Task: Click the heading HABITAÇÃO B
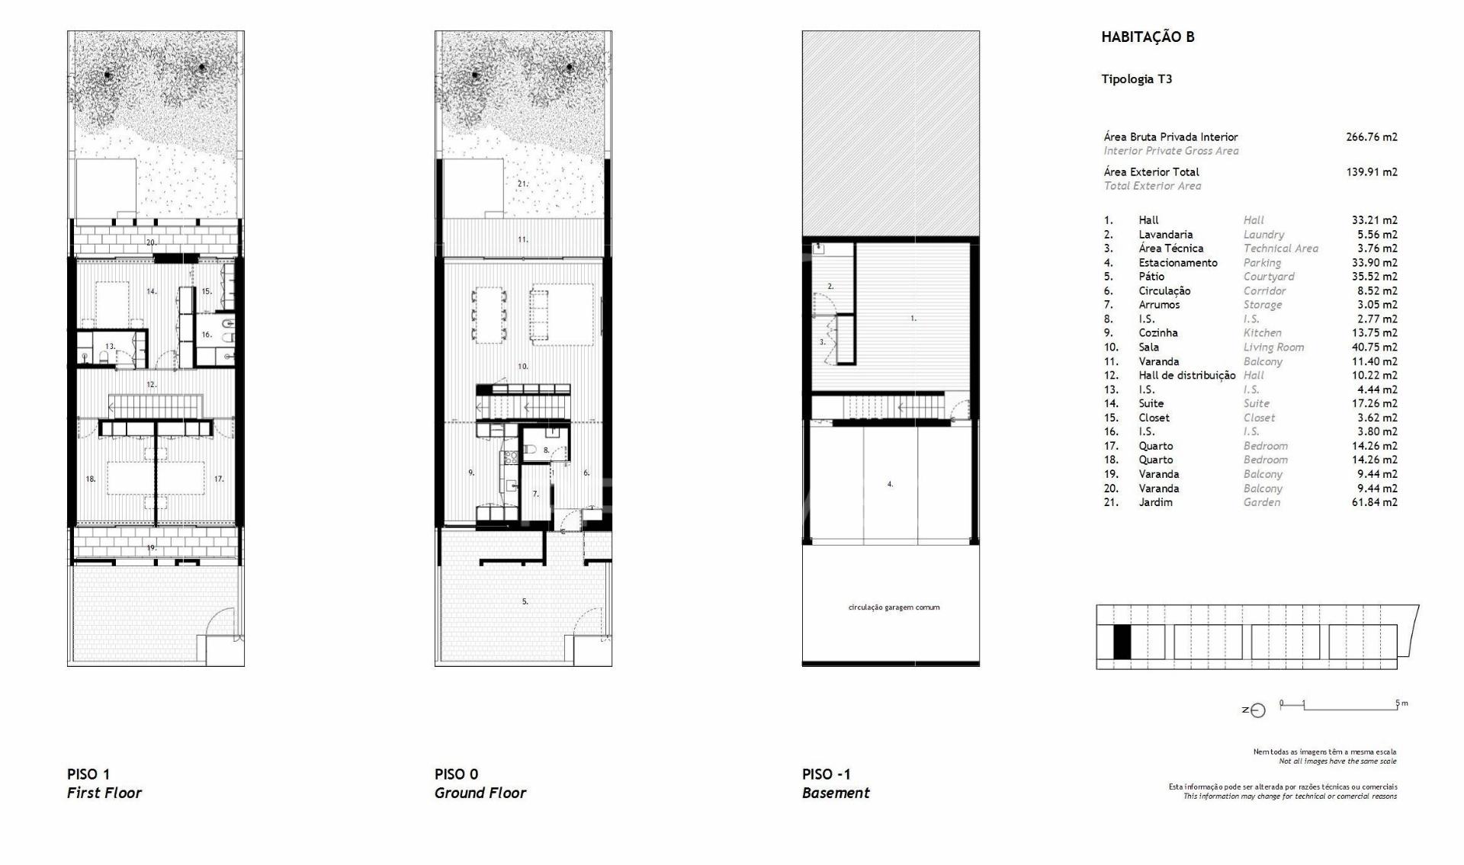[1148, 37]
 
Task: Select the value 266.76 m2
[1372, 137]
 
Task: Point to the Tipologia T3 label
[1137, 78]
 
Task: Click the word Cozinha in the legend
[1158, 333]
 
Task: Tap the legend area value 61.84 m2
[1375, 502]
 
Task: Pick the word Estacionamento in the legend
[1178, 263]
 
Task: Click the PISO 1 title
[88, 774]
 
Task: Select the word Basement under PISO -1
[836, 793]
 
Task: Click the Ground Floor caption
[480, 793]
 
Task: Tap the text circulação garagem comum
[894, 607]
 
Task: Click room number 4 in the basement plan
[890, 484]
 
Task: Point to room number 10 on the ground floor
[523, 367]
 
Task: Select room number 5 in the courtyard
[525, 601]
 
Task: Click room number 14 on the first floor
[152, 291]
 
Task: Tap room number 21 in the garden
[522, 184]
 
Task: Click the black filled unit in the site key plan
[1122, 642]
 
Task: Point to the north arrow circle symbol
[1258, 711]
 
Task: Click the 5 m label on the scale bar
[1401, 703]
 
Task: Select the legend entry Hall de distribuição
[1187, 376]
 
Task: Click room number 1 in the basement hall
[913, 319]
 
